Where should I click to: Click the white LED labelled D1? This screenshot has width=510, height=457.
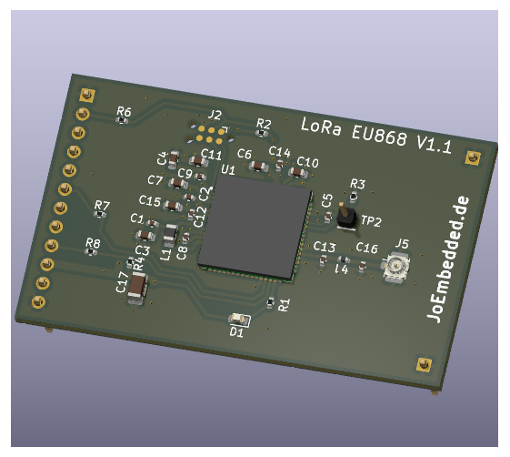(x=239, y=320)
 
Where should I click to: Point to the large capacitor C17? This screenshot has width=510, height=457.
(x=137, y=287)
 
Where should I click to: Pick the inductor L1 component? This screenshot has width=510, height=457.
(x=170, y=234)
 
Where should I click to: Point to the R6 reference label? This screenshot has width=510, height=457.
(x=124, y=111)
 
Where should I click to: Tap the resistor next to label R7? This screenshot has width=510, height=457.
(x=101, y=215)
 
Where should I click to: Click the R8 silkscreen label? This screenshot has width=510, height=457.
(x=93, y=242)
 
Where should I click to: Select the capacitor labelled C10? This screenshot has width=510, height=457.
(x=297, y=172)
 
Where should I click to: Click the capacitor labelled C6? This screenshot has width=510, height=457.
(x=258, y=166)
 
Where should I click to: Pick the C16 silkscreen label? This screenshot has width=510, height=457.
(x=366, y=248)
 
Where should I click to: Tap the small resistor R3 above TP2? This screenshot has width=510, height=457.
(x=354, y=195)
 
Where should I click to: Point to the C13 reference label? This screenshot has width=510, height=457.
(x=325, y=247)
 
